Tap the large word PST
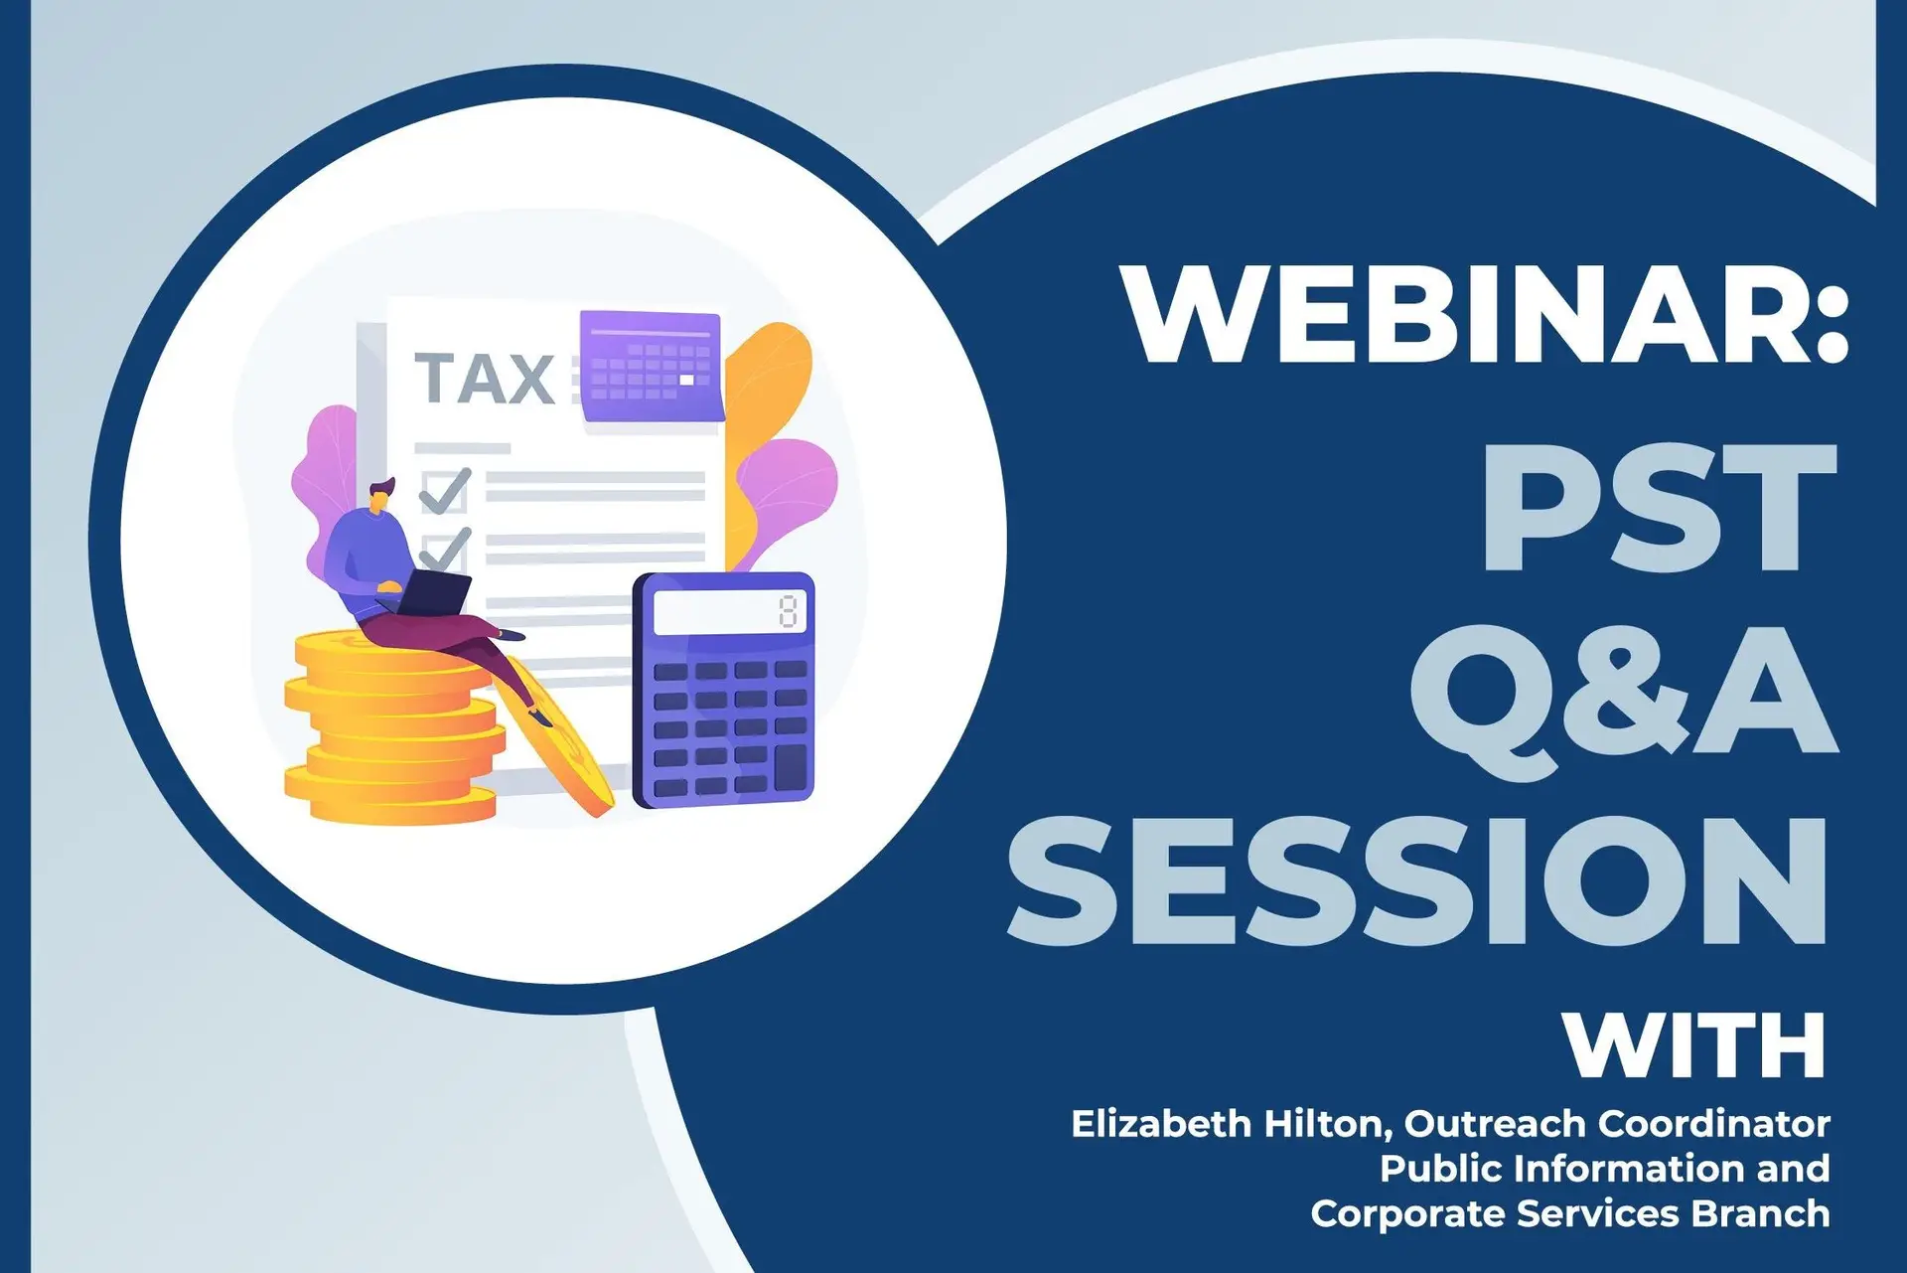coord(1659,508)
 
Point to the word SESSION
coord(1417,878)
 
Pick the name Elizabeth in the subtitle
coord(1161,1124)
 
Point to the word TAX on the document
coord(485,379)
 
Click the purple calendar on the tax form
coord(652,366)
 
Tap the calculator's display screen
coord(730,612)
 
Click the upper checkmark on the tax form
coord(445,490)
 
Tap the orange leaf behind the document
coord(765,417)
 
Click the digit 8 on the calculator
coord(789,611)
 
